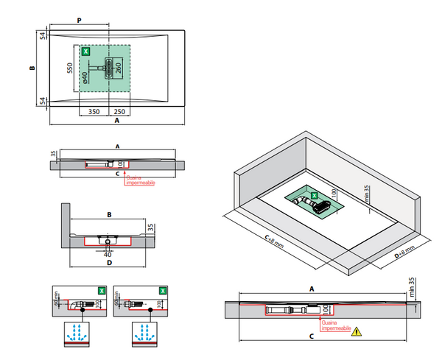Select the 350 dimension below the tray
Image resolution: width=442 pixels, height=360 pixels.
coord(94,111)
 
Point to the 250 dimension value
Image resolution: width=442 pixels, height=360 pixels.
coord(119,111)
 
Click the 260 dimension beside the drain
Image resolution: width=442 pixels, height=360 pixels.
coord(118,71)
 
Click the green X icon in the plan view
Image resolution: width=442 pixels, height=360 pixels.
coord(86,52)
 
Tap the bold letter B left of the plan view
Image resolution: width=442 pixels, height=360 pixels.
coord(32,68)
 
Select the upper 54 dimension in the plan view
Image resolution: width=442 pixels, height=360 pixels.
coord(43,35)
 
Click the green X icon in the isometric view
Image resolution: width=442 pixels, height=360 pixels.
coord(315,197)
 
